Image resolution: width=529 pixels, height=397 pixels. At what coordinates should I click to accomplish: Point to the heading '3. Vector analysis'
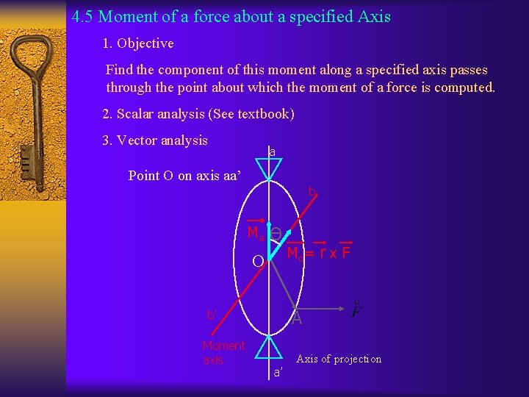155,140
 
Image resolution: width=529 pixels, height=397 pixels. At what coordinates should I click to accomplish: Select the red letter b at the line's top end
312,192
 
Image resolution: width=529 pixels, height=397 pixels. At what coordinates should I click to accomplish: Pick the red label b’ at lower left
212,315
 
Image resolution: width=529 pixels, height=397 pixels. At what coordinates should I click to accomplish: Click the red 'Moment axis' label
223,352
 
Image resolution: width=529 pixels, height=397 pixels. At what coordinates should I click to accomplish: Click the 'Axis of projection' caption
339,359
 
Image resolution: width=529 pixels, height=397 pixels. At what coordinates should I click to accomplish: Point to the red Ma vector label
255,234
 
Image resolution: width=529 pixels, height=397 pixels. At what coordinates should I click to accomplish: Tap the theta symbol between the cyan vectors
276,233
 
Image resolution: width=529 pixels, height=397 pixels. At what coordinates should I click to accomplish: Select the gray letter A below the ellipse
297,318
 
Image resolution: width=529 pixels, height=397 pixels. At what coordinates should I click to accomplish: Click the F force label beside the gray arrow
356,311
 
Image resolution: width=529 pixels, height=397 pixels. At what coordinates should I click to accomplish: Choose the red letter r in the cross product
323,254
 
